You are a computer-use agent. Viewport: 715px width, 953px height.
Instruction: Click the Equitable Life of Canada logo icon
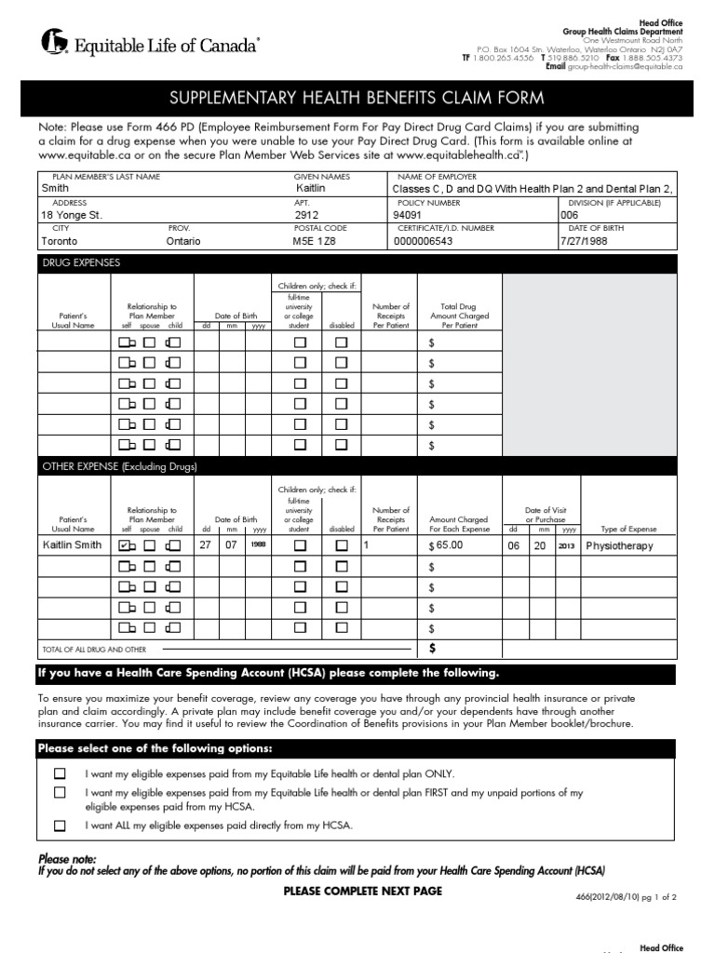coord(53,42)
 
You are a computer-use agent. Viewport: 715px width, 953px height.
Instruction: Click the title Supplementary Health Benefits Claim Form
coord(357,99)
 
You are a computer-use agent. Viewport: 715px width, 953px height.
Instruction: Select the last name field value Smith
coord(56,187)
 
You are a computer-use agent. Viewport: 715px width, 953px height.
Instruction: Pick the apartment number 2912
coord(306,213)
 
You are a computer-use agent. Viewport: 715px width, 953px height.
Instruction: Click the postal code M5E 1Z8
coord(312,240)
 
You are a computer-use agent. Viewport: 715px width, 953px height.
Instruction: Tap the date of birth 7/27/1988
coord(583,240)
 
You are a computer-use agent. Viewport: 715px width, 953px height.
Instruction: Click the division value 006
coord(569,213)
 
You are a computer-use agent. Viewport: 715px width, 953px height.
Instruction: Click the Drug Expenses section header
coord(81,263)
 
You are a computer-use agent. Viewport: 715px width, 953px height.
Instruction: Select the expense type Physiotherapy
coord(619,545)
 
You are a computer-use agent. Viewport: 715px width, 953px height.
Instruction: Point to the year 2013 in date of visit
coord(567,545)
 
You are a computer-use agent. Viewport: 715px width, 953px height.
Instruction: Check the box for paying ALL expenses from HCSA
coord(61,825)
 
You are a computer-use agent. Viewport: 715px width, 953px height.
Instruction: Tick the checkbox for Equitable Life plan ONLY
coord(61,773)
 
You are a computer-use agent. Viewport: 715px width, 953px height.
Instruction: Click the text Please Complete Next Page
coord(362,891)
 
